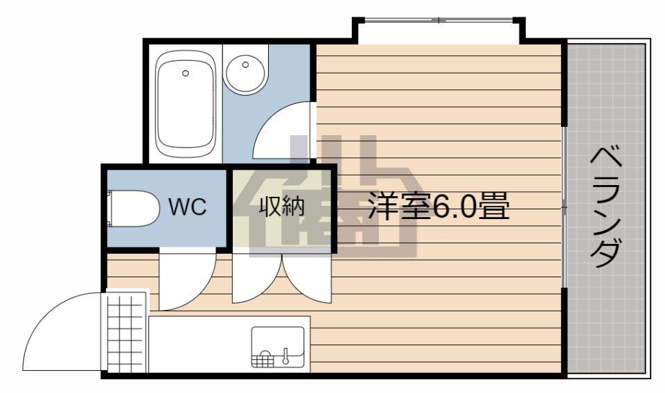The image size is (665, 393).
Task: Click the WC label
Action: pos(188,207)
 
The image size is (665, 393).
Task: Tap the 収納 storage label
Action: pos(282,207)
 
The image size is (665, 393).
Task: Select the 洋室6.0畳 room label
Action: pos(438,206)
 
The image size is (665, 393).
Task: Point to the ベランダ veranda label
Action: pos(606,207)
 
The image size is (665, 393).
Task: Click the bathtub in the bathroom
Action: pos(184,105)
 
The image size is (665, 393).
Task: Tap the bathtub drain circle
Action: pos(186,73)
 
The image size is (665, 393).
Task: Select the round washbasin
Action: pos(245,71)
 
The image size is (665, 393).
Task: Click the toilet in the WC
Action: pos(134,209)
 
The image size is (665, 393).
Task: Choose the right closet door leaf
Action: pos(307,279)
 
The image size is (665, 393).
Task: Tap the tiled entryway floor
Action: pos(125,331)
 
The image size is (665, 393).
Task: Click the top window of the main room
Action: pos(439,19)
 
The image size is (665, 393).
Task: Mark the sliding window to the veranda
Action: pos(565,207)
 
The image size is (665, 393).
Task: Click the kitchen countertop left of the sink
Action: pos(199,344)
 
